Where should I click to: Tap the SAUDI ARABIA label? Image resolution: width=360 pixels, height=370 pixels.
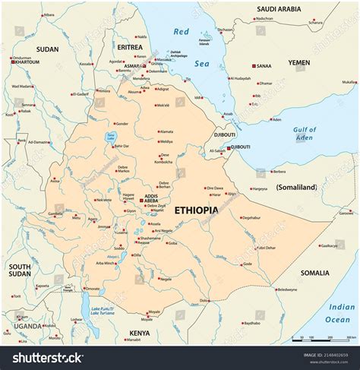pos(278,10)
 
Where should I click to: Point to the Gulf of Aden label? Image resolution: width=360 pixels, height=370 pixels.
pos(305,134)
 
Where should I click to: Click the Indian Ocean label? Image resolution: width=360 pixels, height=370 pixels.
pos(341,313)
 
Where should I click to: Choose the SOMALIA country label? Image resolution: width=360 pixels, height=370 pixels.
pos(314,273)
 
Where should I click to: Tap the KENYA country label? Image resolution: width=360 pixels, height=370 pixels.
pos(140,333)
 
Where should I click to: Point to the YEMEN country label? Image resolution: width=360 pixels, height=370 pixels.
pos(299,62)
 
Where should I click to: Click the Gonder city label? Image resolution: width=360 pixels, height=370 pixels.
pos(122,123)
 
